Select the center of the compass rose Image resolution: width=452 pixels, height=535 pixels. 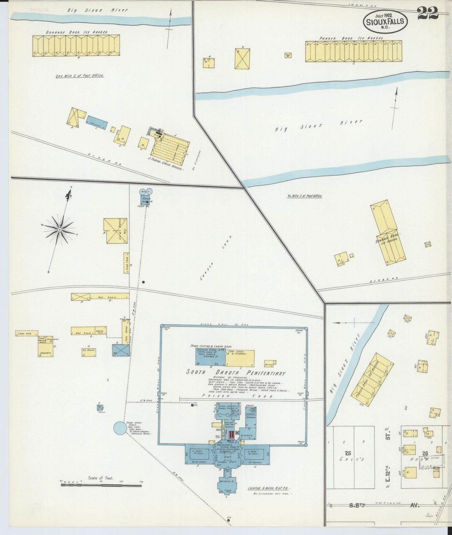(59, 230)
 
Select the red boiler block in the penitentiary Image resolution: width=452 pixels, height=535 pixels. (231, 435)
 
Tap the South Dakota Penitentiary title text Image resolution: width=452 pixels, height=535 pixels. (236, 373)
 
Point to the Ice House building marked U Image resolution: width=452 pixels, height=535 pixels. (89, 352)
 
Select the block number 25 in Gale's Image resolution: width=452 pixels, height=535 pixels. (348, 453)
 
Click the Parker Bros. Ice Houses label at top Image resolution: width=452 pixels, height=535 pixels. (351, 38)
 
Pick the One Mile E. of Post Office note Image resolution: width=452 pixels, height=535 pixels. (80, 76)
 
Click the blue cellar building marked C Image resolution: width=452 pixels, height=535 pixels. (97, 124)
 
